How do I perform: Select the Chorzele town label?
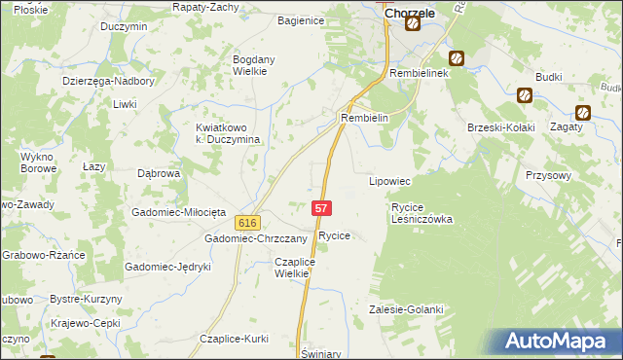click(409, 14)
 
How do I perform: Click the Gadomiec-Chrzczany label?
click(255, 238)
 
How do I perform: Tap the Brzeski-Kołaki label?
click(501, 127)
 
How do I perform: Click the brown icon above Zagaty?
click(584, 112)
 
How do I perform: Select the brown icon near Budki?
click(525, 95)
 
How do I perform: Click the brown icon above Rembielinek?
click(455, 58)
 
